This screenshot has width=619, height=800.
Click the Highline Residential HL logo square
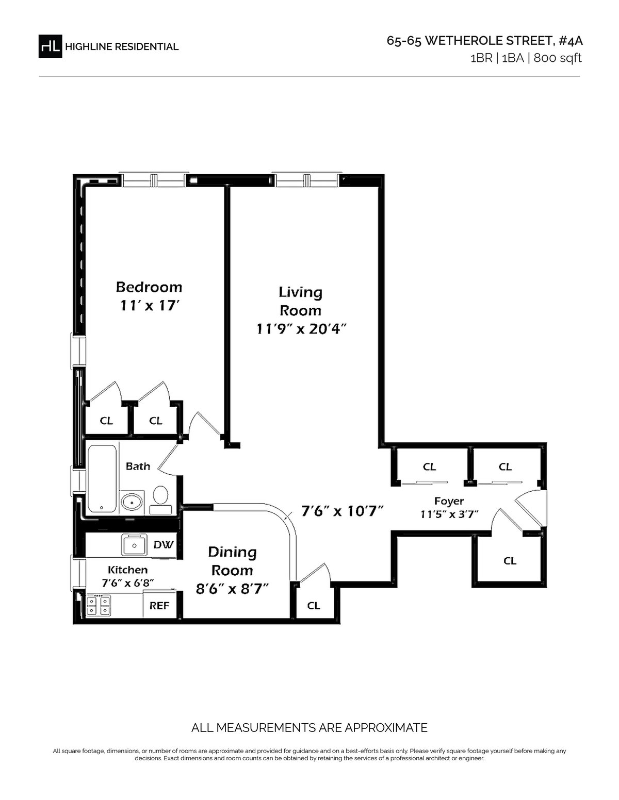coord(50,46)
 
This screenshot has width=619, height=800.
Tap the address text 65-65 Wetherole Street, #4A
coord(484,41)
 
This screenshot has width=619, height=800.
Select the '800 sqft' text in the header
coord(558,58)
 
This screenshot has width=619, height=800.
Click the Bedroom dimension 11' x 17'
coord(149,306)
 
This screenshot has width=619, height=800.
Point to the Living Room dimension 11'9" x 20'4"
coord(302,329)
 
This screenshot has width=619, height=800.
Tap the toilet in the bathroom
coord(160,500)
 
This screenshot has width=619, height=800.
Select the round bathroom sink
coord(132,502)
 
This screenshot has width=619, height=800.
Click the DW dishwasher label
coord(163,545)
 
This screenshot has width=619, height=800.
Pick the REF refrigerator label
coord(159,606)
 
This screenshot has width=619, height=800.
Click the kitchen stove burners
coord(99,606)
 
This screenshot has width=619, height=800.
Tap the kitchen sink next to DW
coord(134,545)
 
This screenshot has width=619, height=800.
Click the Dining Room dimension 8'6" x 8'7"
coord(232,589)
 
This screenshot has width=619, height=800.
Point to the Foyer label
coord(449,501)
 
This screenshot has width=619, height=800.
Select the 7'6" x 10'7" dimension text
coord(343,511)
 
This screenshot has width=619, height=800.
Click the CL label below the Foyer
coord(510,561)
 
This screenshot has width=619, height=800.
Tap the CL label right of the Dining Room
coord(313,606)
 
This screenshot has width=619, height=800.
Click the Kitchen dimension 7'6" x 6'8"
coord(127,583)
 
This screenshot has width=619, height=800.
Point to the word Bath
coord(138,466)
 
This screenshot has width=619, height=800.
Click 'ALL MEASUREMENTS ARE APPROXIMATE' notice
coord(309,728)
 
